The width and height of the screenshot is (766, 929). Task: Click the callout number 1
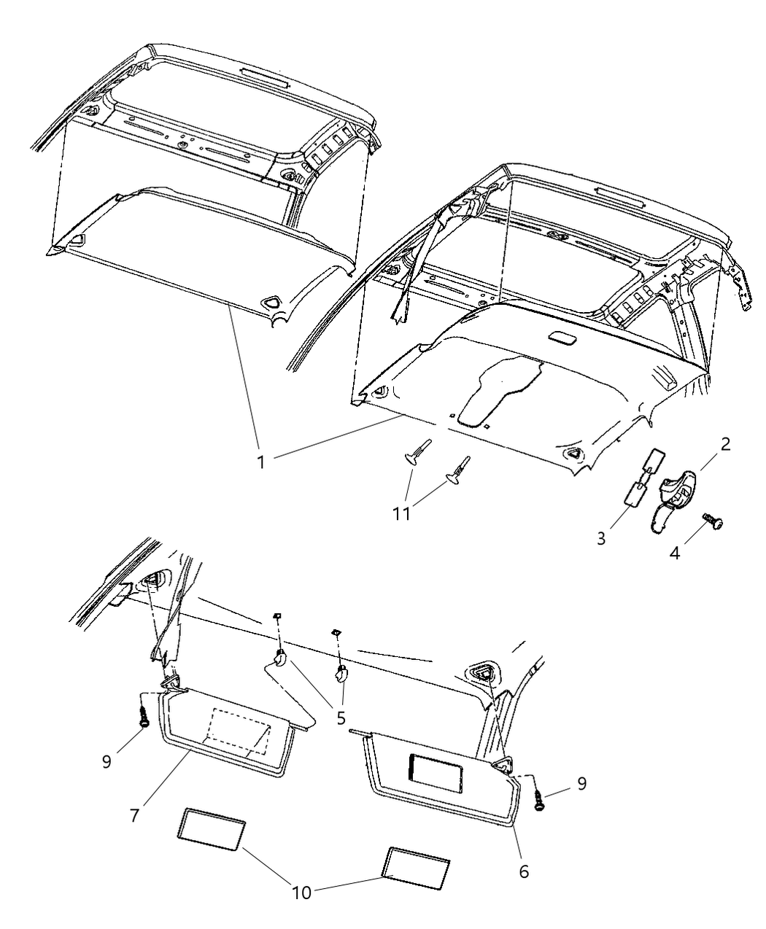click(261, 463)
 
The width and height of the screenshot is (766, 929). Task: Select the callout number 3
click(601, 539)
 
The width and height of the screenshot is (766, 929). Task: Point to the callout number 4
click(675, 554)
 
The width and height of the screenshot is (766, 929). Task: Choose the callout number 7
click(135, 815)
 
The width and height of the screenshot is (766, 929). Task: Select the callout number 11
click(401, 514)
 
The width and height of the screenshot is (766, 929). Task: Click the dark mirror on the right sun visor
click(436, 773)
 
